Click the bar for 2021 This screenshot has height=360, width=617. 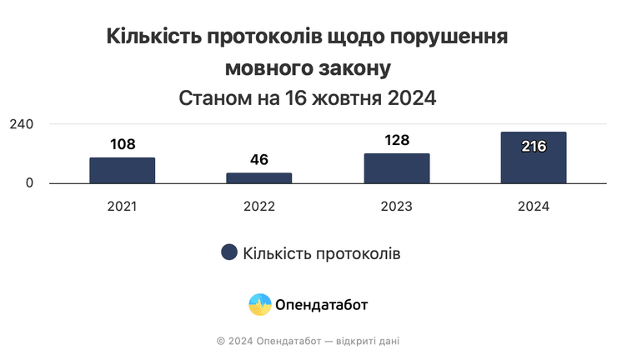[123, 170]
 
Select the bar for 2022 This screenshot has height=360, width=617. [259, 177]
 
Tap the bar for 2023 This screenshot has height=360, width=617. [397, 168]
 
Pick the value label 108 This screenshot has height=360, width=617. [123, 144]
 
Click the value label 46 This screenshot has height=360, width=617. [259, 159]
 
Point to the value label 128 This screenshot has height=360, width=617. [397, 140]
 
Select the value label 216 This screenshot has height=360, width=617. [534, 147]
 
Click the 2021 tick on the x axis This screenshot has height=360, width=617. [123, 206]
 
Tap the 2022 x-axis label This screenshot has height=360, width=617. [259, 206]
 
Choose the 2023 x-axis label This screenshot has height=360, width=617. [397, 206]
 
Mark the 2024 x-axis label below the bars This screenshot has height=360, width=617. [534, 206]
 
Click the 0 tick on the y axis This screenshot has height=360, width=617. [29, 183]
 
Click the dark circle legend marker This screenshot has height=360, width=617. [228, 253]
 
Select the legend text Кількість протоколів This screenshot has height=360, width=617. [322, 253]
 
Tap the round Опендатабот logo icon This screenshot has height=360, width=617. [260, 304]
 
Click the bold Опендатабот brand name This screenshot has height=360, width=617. [321, 304]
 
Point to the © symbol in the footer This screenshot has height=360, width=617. [220, 341]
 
